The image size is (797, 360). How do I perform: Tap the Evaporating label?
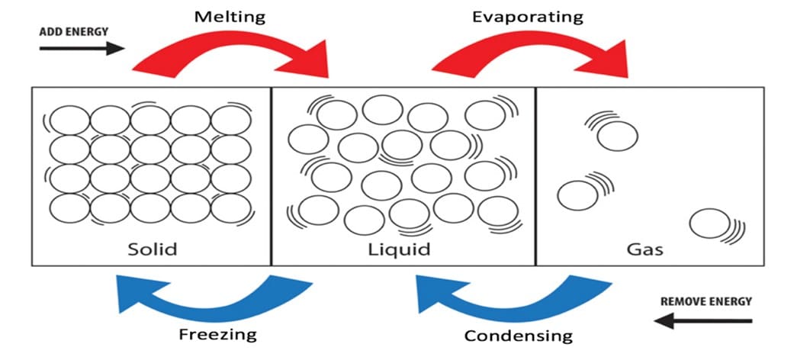tap(526, 16)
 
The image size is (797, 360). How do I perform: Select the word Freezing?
tap(217, 333)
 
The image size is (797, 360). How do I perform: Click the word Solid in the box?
tap(153, 249)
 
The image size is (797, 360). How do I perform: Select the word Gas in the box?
tap(644, 249)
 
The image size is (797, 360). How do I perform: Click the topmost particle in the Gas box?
tap(617, 136)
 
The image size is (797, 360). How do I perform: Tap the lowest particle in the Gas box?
tap(709, 223)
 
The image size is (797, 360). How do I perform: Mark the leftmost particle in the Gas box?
tap(577, 194)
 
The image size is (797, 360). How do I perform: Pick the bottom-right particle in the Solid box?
tap(230, 207)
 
